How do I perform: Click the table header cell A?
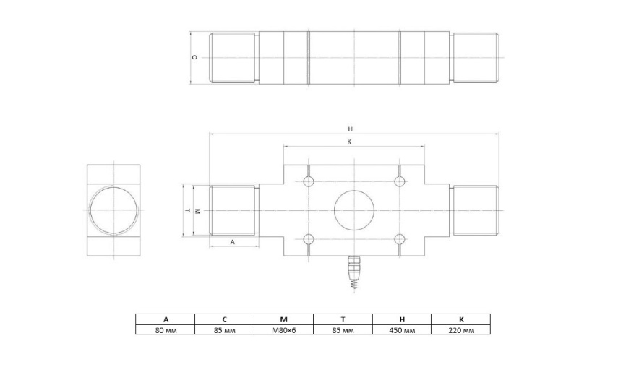(166, 319)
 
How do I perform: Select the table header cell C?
(224, 319)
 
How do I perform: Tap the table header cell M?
(283, 319)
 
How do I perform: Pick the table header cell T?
(343, 319)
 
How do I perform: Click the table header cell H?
(402, 319)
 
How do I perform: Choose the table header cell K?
(461, 319)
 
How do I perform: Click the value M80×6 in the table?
(283, 330)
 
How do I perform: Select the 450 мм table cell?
(402, 330)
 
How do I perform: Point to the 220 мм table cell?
(461, 330)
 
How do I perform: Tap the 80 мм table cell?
(166, 330)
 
